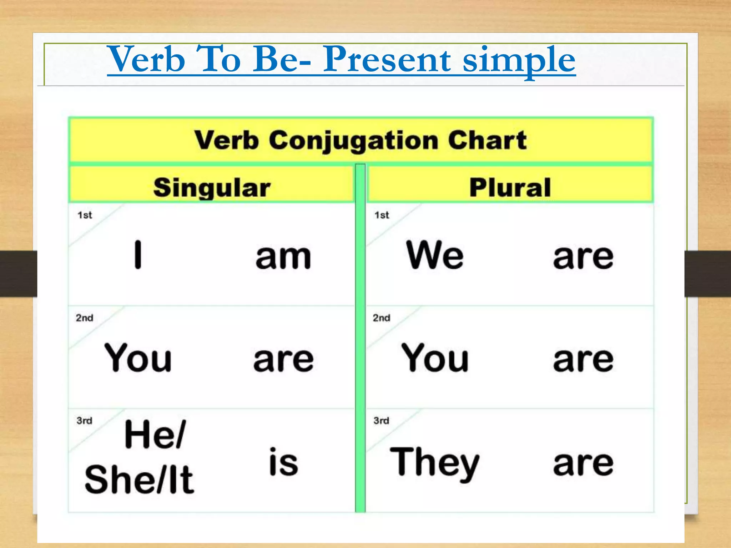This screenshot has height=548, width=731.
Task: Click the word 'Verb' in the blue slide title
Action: (146, 59)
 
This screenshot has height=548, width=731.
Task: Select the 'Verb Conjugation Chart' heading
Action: (361, 140)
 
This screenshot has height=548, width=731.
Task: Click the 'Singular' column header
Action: (212, 188)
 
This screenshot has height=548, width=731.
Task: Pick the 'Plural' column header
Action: (510, 188)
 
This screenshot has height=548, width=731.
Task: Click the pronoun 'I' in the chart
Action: (138, 255)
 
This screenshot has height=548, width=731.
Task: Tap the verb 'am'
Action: (283, 257)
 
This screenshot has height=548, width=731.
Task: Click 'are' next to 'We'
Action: (583, 257)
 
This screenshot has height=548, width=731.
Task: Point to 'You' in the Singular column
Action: (138, 357)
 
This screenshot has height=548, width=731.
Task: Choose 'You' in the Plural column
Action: (435, 357)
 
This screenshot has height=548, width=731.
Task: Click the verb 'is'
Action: (283, 462)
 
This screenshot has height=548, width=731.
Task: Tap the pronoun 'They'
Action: (435, 463)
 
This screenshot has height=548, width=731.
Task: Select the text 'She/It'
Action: (139, 480)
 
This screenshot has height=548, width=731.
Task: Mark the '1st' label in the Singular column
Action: (85, 215)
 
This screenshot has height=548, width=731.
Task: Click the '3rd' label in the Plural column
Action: (381, 421)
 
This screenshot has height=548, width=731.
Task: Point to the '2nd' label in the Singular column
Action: (84, 318)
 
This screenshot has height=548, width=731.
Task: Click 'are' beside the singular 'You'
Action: (283, 360)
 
